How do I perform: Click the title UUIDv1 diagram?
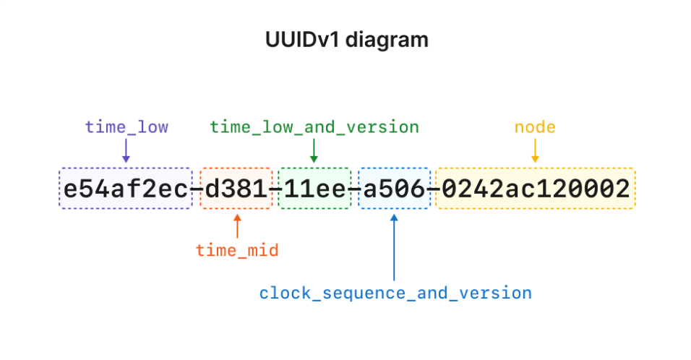(346, 40)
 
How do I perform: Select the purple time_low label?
(126, 127)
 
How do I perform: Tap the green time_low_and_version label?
(314, 127)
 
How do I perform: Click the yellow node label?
(535, 127)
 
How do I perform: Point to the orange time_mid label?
(237, 251)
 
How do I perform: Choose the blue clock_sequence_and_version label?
(395, 293)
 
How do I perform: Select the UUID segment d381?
(236, 189)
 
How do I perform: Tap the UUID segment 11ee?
(314, 189)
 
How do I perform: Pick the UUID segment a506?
(395, 189)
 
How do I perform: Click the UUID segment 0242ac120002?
(536, 189)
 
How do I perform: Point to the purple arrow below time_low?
(126, 150)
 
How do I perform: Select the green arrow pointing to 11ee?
(314, 150)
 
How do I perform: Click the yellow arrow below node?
(535, 150)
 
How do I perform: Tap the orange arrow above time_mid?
(237, 226)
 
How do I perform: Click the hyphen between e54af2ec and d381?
(197, 189)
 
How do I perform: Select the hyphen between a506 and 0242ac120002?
(433, 189)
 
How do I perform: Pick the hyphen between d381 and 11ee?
(275, 189)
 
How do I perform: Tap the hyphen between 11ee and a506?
(355, 189)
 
